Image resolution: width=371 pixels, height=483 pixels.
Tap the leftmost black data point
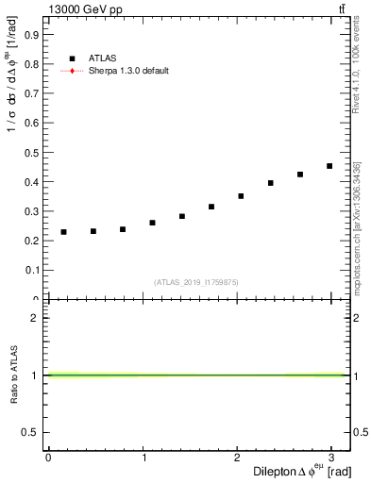[x=63, y=232]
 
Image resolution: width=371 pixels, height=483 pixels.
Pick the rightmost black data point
[x=329, y=166]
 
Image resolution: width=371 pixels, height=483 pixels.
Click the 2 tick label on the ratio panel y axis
[x=34, y=318]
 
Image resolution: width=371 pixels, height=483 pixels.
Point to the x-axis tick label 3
[x=332, y=458]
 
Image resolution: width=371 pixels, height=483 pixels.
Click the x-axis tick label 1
[x=143, y=458]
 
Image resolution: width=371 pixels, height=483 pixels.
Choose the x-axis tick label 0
[x=48, y=458]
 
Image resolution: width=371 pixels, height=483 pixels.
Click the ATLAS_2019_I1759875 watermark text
[x=196, y=281]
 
